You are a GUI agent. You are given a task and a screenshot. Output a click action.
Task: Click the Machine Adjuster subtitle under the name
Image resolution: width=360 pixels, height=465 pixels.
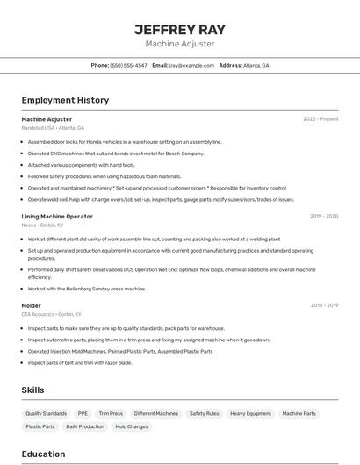180,44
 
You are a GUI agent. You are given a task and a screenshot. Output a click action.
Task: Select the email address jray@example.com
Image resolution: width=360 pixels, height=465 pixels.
191,65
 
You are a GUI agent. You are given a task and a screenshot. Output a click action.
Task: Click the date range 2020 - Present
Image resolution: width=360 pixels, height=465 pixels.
320,119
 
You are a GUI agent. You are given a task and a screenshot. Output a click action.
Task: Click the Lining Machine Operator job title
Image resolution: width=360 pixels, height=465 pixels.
57,216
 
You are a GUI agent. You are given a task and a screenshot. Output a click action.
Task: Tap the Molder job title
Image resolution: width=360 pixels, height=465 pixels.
32,305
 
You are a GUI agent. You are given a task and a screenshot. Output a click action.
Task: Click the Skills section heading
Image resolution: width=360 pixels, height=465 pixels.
33,390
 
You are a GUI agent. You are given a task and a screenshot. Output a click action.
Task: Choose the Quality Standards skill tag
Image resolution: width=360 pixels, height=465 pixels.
46,413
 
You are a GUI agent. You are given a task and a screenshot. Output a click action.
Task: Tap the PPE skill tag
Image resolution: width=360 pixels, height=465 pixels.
83,413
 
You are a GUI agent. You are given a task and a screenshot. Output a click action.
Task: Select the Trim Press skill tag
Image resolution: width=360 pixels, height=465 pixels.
111,413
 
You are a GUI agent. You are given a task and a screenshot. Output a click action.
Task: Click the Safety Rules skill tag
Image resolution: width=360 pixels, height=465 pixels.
204,413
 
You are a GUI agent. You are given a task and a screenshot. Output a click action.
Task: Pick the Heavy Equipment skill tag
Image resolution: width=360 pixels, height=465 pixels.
250,413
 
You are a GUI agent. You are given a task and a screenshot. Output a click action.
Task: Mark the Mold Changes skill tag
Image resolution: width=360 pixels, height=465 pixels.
132,426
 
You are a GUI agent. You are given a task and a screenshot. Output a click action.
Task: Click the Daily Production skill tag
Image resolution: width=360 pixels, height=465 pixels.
85,426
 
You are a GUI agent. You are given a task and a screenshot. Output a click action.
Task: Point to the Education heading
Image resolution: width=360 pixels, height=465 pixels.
44,454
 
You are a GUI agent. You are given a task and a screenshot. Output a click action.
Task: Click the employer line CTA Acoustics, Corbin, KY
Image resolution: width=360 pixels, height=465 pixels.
51,314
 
